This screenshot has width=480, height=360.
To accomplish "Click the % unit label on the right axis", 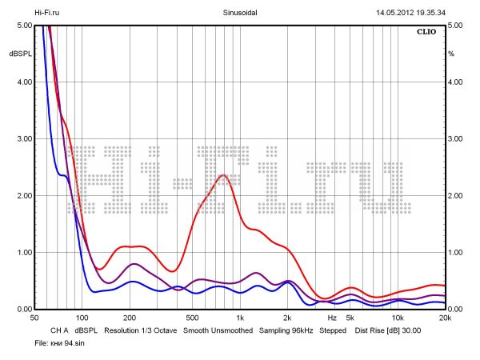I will click(451, 53).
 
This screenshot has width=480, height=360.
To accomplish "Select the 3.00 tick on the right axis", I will click(456, 139).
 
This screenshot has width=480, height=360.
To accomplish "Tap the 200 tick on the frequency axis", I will click(130, 318).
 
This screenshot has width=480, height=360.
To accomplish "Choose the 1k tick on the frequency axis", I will click(241, 318).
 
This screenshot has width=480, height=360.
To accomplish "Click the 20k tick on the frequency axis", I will click(445, 318).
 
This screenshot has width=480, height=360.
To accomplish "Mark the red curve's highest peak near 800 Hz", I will click(223, 175).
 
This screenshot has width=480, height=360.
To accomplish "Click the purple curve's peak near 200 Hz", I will click(134, 263).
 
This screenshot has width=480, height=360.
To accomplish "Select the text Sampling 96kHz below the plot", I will click(285, 330).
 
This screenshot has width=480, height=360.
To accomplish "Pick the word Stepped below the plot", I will click(333, 330).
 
